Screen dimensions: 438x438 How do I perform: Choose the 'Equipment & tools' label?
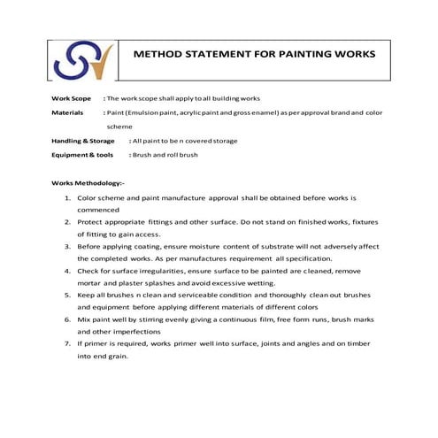click(x=82, y=155)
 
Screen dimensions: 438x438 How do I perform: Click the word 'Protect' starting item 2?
click(x=90, y=227)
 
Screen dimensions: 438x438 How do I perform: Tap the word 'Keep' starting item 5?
click(x=87, y=299)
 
